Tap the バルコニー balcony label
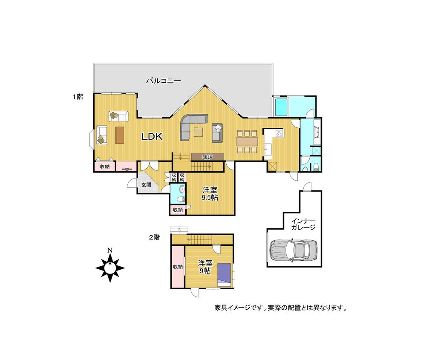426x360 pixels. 164,80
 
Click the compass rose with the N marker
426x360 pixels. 110,267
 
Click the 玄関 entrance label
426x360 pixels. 147,184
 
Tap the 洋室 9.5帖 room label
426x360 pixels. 210,194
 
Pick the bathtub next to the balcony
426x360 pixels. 282,107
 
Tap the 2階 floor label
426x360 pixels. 154,237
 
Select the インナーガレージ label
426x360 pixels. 303,224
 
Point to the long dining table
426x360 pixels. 247,141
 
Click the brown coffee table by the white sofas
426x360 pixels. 119,135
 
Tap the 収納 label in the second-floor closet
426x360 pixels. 178,267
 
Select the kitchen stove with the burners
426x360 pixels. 279,133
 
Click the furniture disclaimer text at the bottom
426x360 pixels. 280,307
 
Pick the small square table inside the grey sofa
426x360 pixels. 199,132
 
